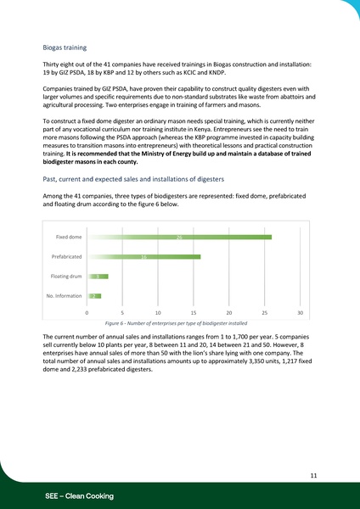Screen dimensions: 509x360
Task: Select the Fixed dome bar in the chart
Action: (178, 237)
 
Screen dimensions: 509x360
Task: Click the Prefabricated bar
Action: (143, 256)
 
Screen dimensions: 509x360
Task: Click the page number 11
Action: (313, 477)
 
